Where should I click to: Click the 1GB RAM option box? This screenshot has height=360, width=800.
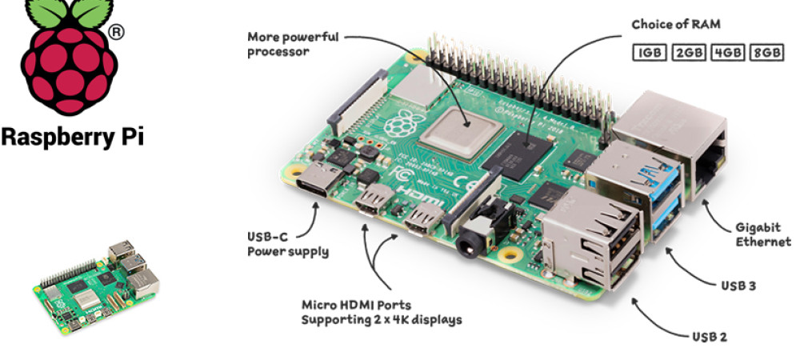pyautogui.click(x=650, y=53)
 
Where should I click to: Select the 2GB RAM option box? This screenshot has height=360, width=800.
pyautogui.click(x=688, y=53)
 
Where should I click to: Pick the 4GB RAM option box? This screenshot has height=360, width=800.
pyautogui.click(x=727, y=53)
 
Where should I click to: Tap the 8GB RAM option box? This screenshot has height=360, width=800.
pyautogui.click(x=766, y=53)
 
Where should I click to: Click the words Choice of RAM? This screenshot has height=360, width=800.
pyautogui.click(x=676, y=25)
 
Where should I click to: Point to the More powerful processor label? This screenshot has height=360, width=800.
pyautogui.click(x=293, y=44)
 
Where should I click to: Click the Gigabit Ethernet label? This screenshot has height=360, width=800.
pyautogui.click(x=763, y=234)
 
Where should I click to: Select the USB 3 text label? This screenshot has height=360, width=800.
pyautogui.click(x=738, y=286)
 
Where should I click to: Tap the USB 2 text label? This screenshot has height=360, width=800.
pyautogui.click(x=709, y=337)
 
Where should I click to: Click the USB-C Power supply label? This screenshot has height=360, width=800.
pyautogui.click(x=288, y=244)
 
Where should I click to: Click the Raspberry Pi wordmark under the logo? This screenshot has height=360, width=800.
pyautogui.click(x=72, y=137)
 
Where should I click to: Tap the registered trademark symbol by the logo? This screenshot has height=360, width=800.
pyautogui.click(x=116, y=33)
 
